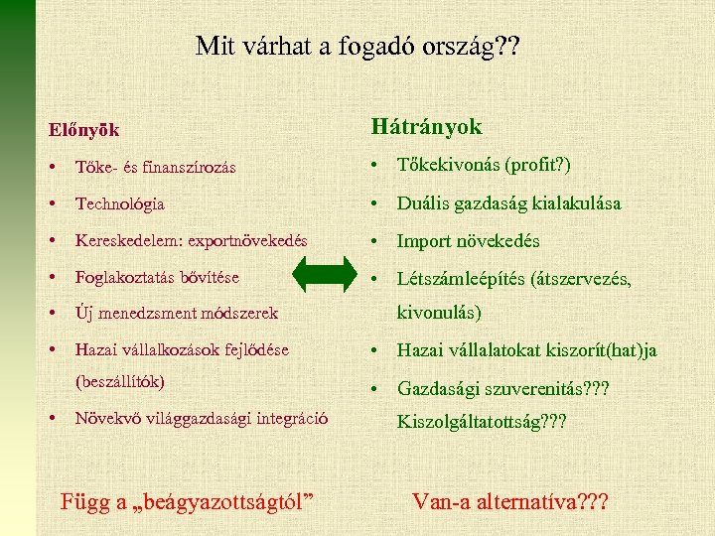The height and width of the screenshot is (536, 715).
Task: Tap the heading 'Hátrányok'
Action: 426,127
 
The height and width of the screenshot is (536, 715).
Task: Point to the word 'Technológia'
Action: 120,203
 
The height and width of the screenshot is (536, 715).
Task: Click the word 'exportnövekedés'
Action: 247,241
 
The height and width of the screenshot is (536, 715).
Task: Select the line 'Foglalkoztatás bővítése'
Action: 157,278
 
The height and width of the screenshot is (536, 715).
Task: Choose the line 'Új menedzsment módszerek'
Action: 176,314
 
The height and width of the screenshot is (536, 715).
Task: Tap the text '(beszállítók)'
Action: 120,381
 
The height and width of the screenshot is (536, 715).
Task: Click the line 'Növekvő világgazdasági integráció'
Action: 203,418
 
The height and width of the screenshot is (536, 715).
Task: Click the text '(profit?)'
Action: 541,165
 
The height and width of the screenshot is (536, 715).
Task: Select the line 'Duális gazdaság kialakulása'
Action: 508,203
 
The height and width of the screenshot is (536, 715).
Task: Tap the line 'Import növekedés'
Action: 468,241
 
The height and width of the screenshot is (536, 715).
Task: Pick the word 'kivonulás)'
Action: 439,314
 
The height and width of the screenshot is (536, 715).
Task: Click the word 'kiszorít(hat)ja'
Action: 599,350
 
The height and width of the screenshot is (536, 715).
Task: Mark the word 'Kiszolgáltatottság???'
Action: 482,422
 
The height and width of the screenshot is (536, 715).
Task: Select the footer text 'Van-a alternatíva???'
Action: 508,500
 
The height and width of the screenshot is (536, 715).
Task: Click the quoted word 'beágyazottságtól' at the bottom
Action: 228,501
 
